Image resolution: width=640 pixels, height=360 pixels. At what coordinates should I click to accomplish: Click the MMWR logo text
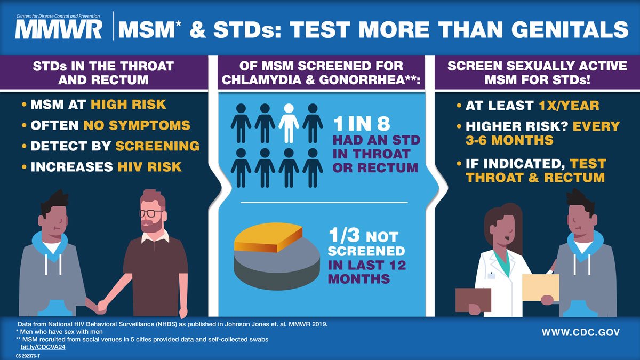pos(59,29)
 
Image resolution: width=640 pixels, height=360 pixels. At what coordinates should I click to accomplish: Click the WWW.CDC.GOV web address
pos(580,332)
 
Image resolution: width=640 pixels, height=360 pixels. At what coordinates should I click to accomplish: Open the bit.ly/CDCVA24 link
pos(43,347)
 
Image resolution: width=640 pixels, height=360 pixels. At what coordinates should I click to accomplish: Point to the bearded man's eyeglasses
pos(151,213)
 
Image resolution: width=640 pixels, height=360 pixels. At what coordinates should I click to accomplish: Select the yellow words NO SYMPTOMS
pos(137,125)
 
